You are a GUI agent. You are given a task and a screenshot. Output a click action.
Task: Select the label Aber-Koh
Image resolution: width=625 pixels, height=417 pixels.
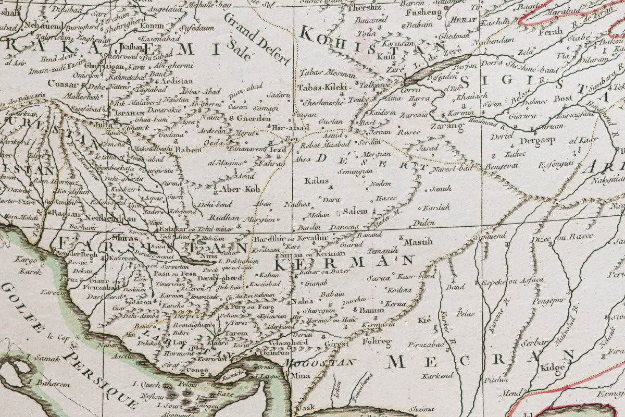click(x=239, y=189)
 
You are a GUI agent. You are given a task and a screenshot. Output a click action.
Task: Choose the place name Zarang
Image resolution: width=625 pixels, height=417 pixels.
click(x=446, y=126)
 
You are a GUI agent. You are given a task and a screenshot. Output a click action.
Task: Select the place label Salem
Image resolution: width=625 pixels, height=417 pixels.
click(x=356, y=211)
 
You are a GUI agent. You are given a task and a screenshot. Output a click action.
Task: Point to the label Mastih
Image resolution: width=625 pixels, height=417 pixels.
click(x=419, y=241)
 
